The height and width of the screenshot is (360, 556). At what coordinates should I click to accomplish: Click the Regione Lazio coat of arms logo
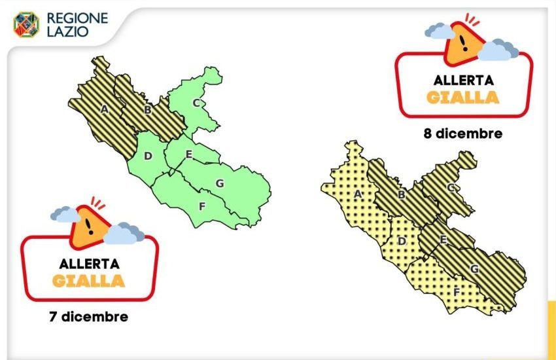point(26,24)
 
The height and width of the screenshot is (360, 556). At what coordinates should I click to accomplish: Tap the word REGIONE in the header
point(77,18)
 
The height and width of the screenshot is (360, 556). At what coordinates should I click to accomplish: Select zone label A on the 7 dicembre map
point(104,109)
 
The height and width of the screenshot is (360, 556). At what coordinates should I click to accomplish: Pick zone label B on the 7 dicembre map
point(148,110)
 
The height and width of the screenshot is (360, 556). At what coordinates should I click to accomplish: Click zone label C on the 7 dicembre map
point(196,102)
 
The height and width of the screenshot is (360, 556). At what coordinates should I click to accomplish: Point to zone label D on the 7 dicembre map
point(148,156)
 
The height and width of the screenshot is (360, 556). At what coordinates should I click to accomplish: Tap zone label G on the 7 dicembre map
point(220,183)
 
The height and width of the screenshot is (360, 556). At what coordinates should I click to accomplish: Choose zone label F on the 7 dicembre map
point(202,206)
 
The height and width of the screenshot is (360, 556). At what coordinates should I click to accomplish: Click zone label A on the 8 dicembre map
point(358,194)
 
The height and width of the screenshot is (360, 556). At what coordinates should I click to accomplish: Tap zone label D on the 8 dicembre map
point(402,242)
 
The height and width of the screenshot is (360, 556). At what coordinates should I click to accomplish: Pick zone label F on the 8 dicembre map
point(456,291)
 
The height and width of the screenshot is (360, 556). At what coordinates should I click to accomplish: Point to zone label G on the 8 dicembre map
point(474,269)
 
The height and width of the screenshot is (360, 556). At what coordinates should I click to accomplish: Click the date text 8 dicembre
point(463,134)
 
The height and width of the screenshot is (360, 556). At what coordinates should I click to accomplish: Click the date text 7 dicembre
point(88,317)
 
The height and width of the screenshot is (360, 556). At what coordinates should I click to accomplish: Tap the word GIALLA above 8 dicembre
point(463,98)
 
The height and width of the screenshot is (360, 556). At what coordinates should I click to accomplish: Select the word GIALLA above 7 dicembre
point(89,281)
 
